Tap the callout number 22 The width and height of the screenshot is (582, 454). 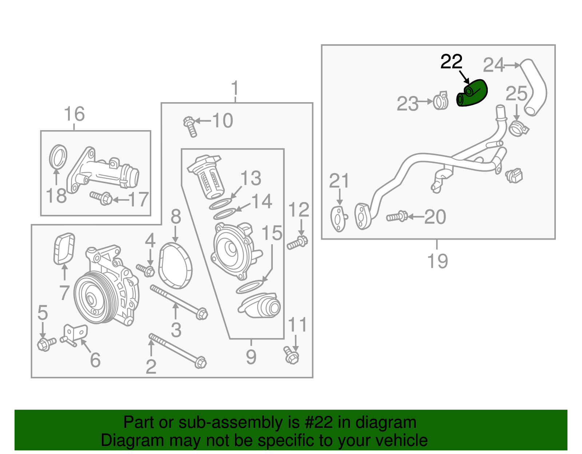coord(451,62)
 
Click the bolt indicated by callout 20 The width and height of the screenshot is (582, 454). coord(397,217)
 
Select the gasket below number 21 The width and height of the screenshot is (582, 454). coord(338,218)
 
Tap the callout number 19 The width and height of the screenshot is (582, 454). coord(437,261)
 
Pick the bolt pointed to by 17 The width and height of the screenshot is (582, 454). coord(101,198)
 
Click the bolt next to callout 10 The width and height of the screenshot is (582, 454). coord(190,126)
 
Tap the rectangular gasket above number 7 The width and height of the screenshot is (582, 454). coord(64,249)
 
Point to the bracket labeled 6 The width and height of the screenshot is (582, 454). coord(75,334)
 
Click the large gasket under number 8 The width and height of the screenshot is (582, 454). coord(176,266)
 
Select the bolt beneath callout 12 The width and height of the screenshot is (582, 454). coord(298,242)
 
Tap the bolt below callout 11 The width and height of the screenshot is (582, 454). coord(291,356)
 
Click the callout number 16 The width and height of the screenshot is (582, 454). coord(74,114)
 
